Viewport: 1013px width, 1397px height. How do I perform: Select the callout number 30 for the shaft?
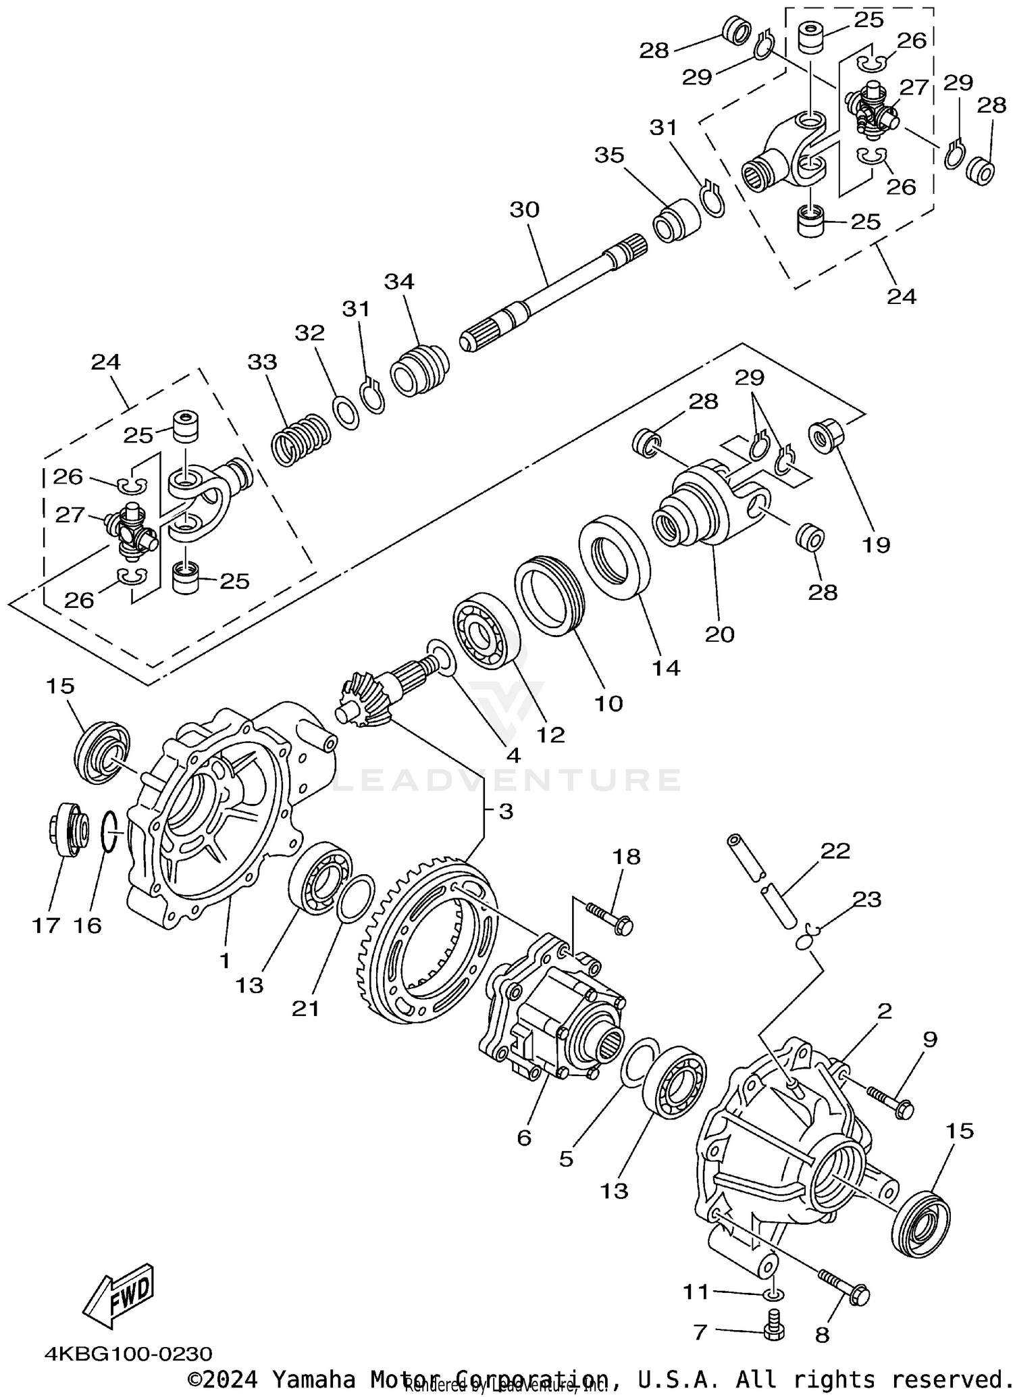click(x=524, y=210)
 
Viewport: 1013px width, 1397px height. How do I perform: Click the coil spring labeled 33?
click(x=300, y=440)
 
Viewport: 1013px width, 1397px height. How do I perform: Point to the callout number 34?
click(x=399, y=282)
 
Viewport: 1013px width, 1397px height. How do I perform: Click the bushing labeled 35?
click(x=677, y=220)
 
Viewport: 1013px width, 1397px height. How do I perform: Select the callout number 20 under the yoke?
click(x=719, y=634)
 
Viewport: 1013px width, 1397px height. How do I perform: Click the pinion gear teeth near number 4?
click(x=363, y=703)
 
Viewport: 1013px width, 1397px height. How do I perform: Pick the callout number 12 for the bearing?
click(x=550, y=734)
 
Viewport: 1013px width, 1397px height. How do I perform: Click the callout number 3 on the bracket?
click(x=506, y=811)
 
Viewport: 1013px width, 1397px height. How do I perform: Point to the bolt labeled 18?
click(x=609, y=917)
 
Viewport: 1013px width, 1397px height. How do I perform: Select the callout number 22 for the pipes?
click(x=835, y=850)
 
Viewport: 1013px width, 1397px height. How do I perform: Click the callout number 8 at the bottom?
click(x=821, y=1335)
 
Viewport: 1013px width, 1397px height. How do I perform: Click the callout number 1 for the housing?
click(x=224, y=960)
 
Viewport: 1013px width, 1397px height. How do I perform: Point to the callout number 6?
click(x=524, y=1138)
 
